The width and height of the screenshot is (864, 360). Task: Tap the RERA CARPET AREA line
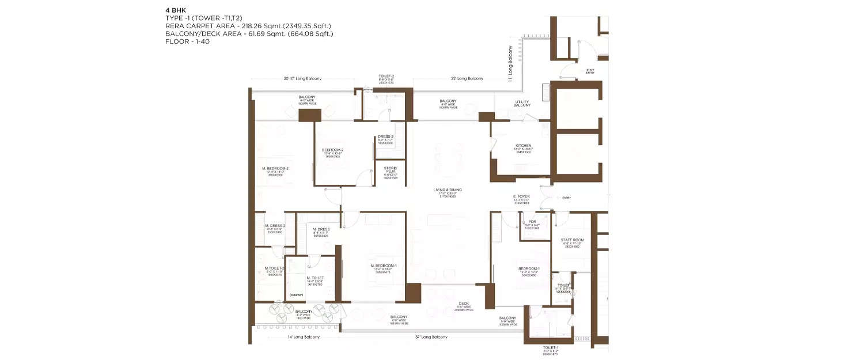click(248, 26)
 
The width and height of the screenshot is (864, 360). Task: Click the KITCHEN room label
click(523, 146)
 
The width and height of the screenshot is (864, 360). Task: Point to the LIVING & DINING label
click(448, 190)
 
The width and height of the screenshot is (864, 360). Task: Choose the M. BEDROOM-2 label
click(275, 168)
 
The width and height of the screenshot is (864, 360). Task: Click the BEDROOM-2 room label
click(332, 150)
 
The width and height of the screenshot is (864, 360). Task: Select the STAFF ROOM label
click(572, 240)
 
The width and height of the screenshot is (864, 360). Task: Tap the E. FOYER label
click(521, 196)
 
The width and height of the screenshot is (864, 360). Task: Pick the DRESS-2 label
click(386, 137)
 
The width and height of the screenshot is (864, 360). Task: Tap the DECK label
click(464, 303)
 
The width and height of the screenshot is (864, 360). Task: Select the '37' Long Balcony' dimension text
click(431, 337)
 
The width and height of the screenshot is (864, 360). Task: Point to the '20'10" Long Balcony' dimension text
click(302, 78)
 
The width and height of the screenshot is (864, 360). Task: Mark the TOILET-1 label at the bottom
click(550, 348)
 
